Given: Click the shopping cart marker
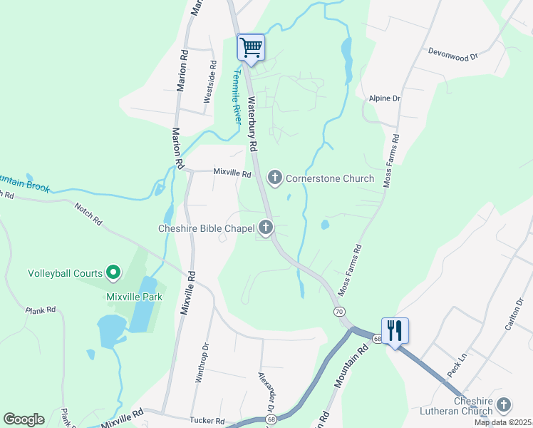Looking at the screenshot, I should click(x=251, y=48).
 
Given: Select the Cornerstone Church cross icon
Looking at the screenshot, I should click(x=275, y=178).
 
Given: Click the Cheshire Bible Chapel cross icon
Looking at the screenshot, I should click(x=266, y=228).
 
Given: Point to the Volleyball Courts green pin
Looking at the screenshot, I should click(x=113, y=272).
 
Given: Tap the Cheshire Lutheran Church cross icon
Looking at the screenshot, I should click(x=504, y=405).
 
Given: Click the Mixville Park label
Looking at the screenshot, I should click(x=134, y=297).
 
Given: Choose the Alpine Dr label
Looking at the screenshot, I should click(x=385, y=98).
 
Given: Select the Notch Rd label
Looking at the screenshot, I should click(x=88, y=213).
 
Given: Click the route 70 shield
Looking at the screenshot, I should click(x=339, y=312).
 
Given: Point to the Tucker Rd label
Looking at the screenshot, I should click(x=207, y=421).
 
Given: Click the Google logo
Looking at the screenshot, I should click(x=24, y=419).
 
